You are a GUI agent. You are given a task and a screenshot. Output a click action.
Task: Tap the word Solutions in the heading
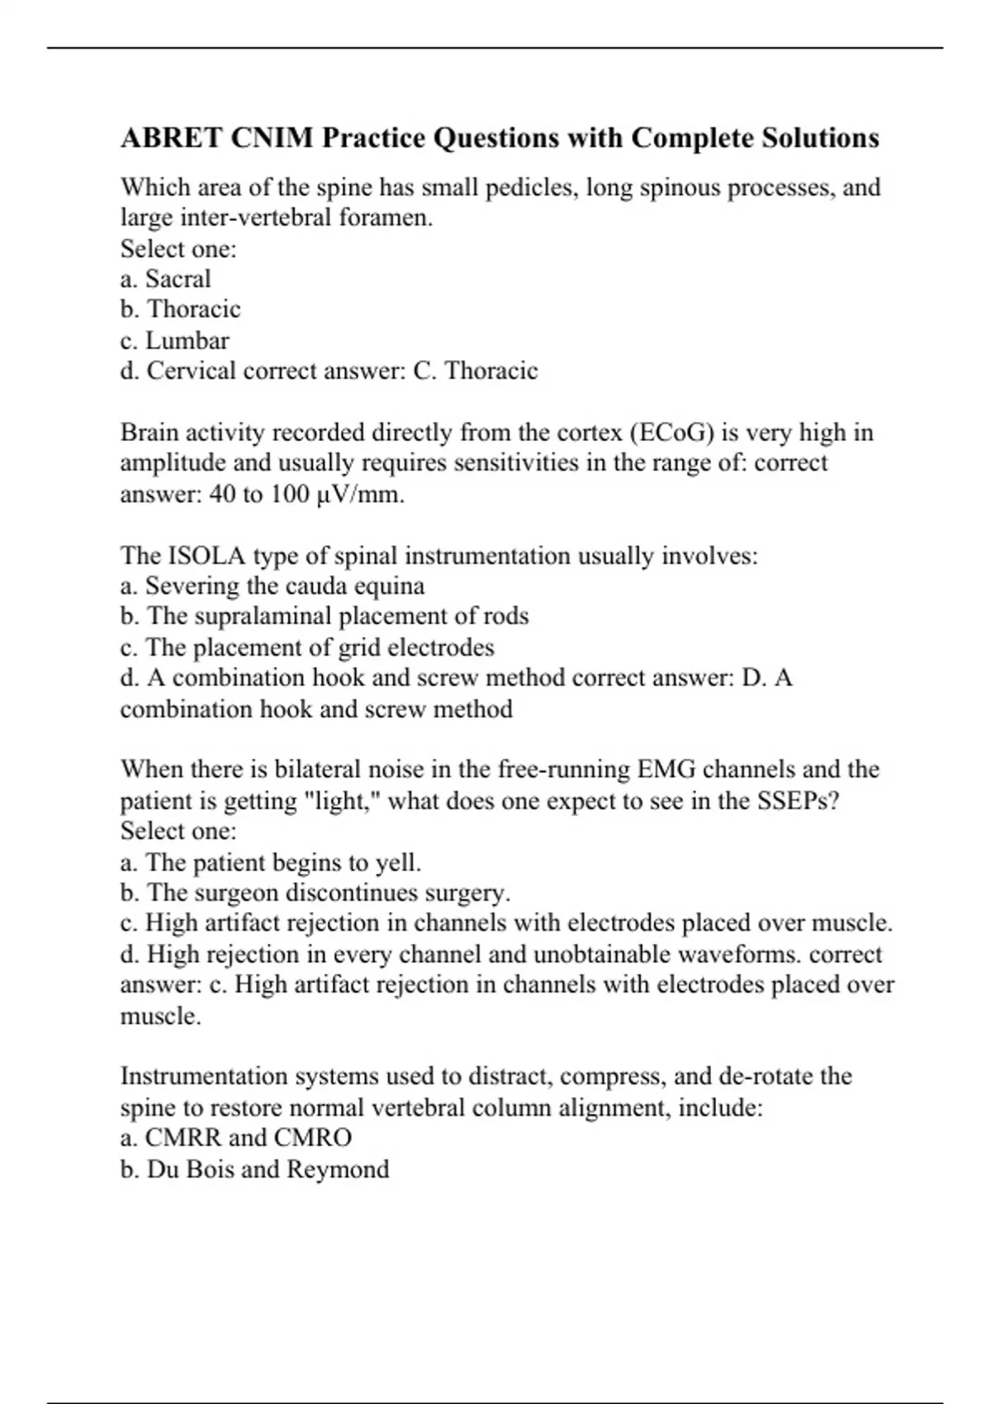coord(819,138)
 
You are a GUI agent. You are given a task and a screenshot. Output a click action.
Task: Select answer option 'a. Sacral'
coord(165,279)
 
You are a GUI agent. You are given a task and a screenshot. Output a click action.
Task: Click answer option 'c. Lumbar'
coord(174,340)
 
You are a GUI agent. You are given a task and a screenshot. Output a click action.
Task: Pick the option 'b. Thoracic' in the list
coord(180,310)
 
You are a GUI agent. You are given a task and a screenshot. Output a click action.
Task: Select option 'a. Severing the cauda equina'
coord(273,586)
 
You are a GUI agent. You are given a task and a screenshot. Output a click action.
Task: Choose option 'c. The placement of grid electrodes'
coord(307,647)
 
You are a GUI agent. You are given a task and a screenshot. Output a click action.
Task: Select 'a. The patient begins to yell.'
coord(271,863)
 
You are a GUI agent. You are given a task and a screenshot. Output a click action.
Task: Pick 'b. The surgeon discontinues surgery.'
coord(315,894)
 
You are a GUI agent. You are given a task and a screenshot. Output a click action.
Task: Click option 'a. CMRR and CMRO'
coord(236,1139)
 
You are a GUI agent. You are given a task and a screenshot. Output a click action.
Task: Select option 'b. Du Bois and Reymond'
coord(254,1169)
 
